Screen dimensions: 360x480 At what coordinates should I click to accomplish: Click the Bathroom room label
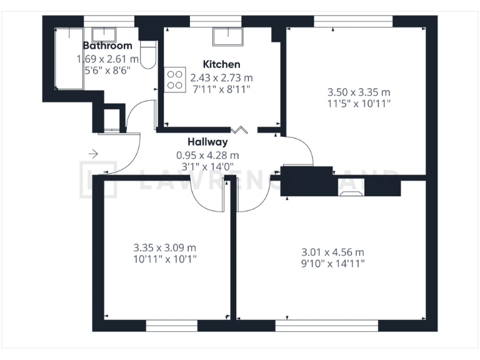[107, 46]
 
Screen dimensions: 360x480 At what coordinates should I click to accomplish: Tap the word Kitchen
[221, 64]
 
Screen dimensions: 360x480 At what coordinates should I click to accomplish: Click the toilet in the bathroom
[147, 55]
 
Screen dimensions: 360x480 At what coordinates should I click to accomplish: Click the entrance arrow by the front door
[94, 153]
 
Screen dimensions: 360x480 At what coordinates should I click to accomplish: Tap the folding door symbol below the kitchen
[239, 130]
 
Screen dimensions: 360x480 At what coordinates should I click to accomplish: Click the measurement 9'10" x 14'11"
[332, 264]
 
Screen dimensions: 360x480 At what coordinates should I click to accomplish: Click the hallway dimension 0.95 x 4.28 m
[207, 155]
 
